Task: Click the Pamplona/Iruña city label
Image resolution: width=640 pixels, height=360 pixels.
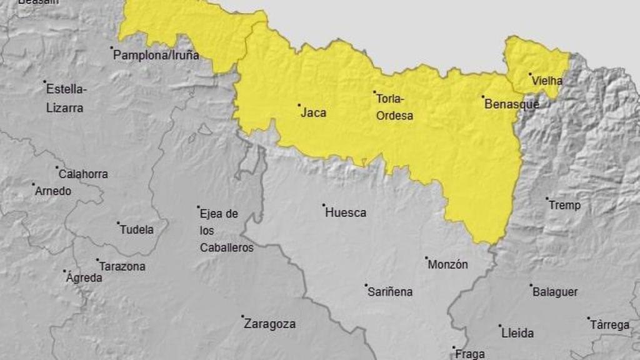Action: tap(156, 55)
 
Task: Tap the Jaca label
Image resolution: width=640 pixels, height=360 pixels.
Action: tap(313, 113)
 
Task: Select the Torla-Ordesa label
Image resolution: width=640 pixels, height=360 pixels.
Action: tap(394, 107)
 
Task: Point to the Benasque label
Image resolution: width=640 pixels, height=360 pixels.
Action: tap(511, 104)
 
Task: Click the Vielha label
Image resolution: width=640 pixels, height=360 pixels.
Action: tap(547, 81)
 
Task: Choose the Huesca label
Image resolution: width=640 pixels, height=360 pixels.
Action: tap(346, 212)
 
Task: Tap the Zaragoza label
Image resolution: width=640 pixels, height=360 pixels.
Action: tap(269, 324)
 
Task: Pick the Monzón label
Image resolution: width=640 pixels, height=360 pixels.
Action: tap(447, 264)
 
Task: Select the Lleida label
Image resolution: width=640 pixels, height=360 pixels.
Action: tap(517, 333)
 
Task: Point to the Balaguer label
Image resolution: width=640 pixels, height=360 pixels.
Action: tap(555, 292)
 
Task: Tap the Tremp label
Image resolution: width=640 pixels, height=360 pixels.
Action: tap(564, 205)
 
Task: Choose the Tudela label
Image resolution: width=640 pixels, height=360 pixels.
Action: tap(137, 229)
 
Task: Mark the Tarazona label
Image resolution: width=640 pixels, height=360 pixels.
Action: tap(122, 266)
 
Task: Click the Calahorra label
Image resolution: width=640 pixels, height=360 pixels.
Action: tap(83, 174)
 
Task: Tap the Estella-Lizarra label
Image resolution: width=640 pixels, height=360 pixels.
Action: tap(66, 98)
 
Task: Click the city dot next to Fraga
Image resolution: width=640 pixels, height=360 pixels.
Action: tap(454, 347)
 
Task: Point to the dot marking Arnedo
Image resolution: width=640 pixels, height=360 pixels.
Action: tap(33, 184)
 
